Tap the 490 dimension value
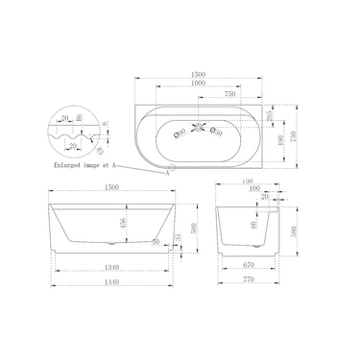[x=278, y=142]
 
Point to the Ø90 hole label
[x=181, y=132]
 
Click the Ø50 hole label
[x=220, y=132]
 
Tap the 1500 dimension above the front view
[x=112, y=189]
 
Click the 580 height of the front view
[x=195, y=230]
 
